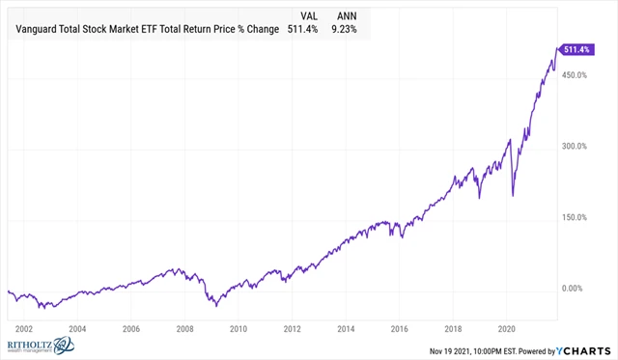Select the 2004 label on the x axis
pyautogui.click(x=77, y=327)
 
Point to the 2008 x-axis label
pyautogui.click(x=185, y=327)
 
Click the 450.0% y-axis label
pyautogui.click(x=577, y=75)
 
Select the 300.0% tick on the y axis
pyautogui.click(x=577, y=147)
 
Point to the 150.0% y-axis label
pyautogui.click(x=577, y=217)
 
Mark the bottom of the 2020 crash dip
pyautogui.click(x=512, y=196)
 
